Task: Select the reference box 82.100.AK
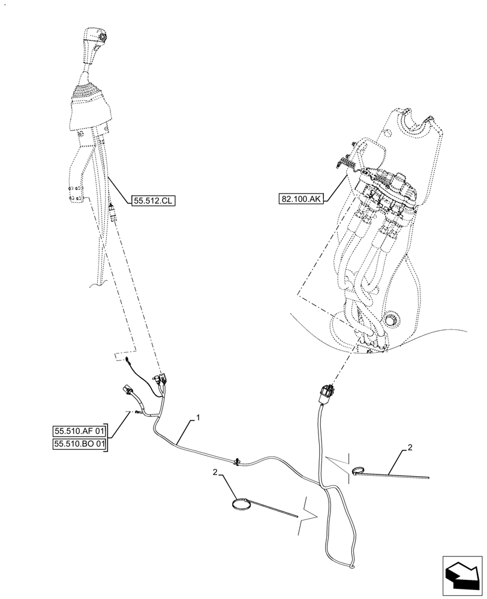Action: pyautogui.click(x=300, y=198)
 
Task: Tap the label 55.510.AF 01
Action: pyautogui.click(x=79, y=431)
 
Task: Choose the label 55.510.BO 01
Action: pyautogui.click(x=79, y=444)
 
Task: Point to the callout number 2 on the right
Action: pyautogui.click(x=410, y=447)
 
